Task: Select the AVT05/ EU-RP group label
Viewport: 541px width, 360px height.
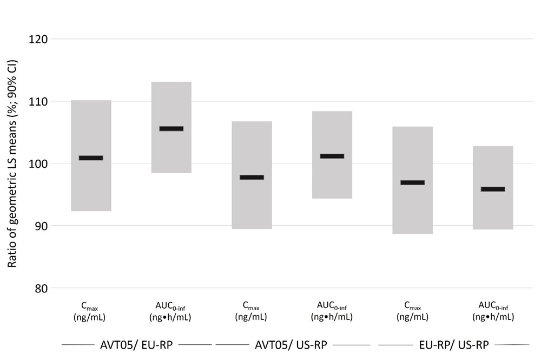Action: coord(136,344)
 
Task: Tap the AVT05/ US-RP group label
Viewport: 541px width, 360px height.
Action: coord(292,344)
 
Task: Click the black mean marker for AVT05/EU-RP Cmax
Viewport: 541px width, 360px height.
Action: coord(91,158)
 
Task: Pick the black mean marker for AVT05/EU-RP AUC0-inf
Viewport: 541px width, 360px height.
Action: coord(171,129)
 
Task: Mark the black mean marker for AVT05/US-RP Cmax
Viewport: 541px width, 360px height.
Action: coord(252,178)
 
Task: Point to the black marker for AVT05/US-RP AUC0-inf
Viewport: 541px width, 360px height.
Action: coord(332,156)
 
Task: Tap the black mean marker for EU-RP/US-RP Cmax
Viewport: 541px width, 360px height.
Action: coord(412,183)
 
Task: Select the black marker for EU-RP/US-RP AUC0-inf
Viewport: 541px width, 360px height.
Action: coord(493,189)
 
